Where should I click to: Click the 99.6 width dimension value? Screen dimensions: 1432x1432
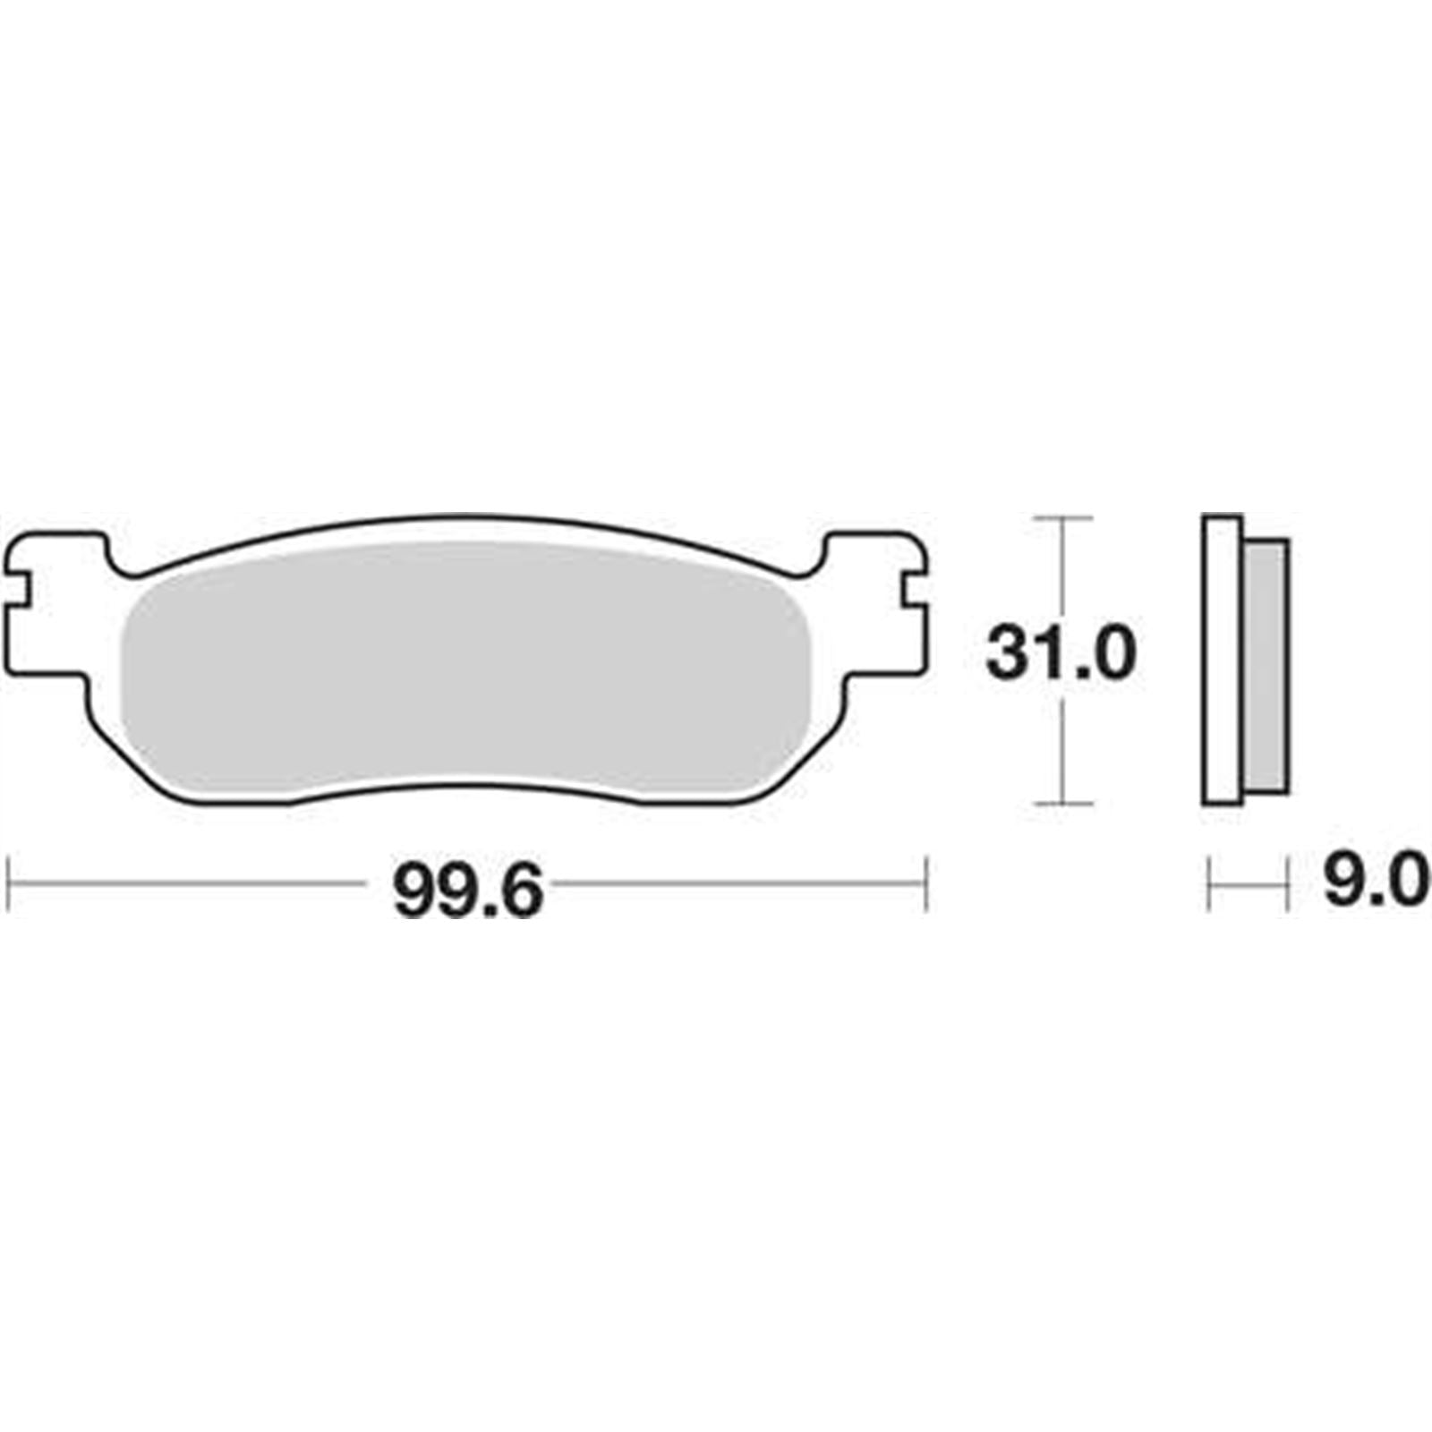(x=468, y=889)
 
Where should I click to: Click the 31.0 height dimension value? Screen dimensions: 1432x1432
(x=1061, y=654)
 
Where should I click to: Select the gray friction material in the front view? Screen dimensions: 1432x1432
(x=465, y=671)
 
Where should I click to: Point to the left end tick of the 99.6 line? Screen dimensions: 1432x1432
(x=8, y=884)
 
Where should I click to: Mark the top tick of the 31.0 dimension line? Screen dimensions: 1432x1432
(x=1062, y=518)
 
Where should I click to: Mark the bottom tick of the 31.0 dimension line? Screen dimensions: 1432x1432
(x=1062, y=804)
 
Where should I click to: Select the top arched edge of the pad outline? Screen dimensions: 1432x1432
(x=465, y=517)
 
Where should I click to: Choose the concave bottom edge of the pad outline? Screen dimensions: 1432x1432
(x=465, y=788)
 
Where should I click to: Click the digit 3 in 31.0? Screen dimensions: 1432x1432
(x=1005, y=654)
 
